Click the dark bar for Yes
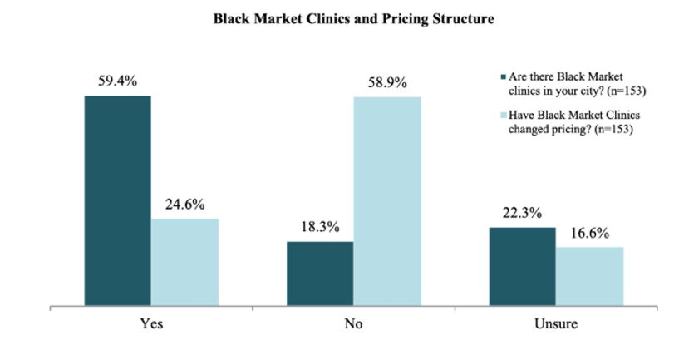pos(117,200)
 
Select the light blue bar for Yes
pos(184,262)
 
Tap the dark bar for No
pos(319,274)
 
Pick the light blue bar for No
pos(387,201)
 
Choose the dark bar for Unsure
pos(521,266)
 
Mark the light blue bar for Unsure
pos(589,276)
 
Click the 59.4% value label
pos(117,81)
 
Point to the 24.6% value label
pos(184,205)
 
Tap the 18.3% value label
pos(319,228)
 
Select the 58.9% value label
pos(387,82)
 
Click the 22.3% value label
pos(521,214)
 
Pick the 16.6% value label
pos(589,233)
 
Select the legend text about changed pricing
pos(566,123)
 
